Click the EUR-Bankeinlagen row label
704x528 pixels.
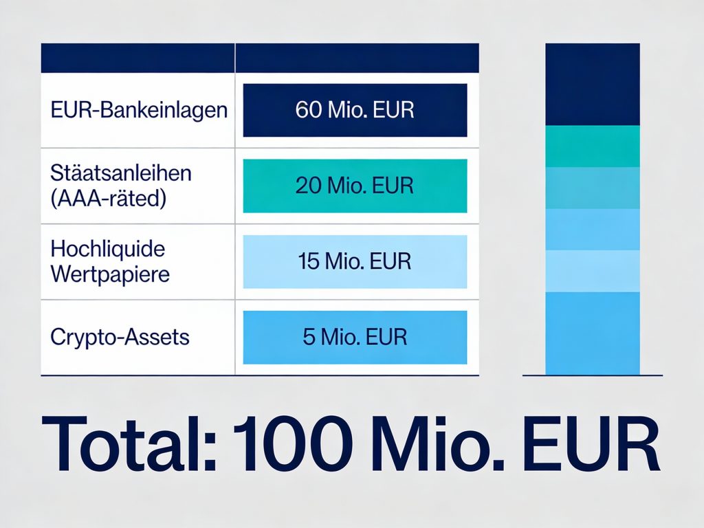pos(139,110)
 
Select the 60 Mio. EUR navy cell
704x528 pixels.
pos(355,110)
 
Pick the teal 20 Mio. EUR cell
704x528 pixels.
pos(355,186)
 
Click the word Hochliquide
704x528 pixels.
pos(108,248)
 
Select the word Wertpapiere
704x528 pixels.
pos(110,274)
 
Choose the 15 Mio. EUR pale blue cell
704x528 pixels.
pos(355,261)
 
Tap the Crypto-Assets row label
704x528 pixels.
pos(120,338)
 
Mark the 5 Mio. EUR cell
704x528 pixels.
pos(355,337)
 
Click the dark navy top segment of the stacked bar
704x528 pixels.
pos(593,85)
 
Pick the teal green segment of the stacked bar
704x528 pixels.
pos(593,146)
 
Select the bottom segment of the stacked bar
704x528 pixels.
pos(593,333)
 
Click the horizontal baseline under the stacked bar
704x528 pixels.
pos(593,375)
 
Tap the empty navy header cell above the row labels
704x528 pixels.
pos(137,58)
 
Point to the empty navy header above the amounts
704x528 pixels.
pos(357,58)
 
